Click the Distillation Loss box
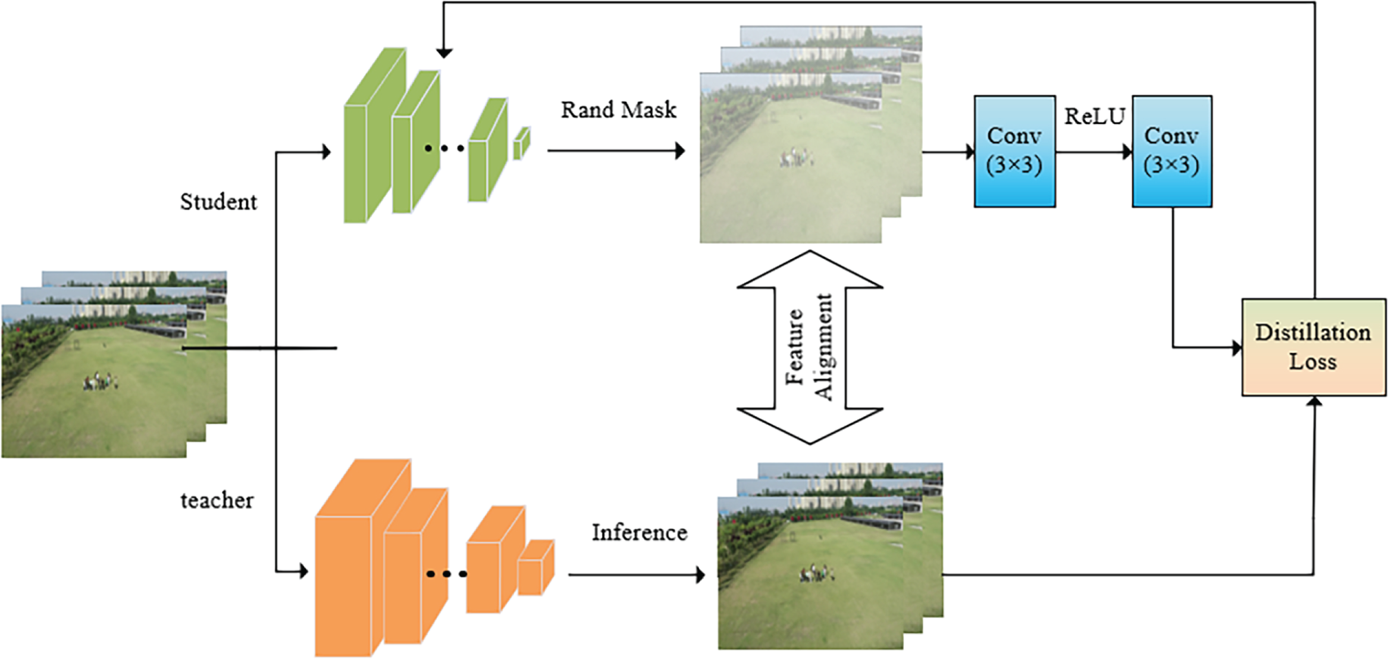point(1314,347)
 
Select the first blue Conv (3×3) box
point(1014,151)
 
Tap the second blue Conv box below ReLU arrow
point(1171,151)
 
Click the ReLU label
point(1095,116)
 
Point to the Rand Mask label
point(619,110)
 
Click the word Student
point(218,202)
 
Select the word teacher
point(217,501)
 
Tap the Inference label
point(640,532)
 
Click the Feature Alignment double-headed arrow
point(810,347)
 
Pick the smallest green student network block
point(522,143)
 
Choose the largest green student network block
point(375,135)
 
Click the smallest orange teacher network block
point(536,567)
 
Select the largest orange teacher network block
point(362,558)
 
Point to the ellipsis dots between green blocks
point(444,148)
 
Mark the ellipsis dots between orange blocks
point(447,574)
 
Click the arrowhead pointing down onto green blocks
point(444,53)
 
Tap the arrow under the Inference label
point(637,575)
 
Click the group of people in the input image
point(100,382)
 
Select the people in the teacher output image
point(816,573)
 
